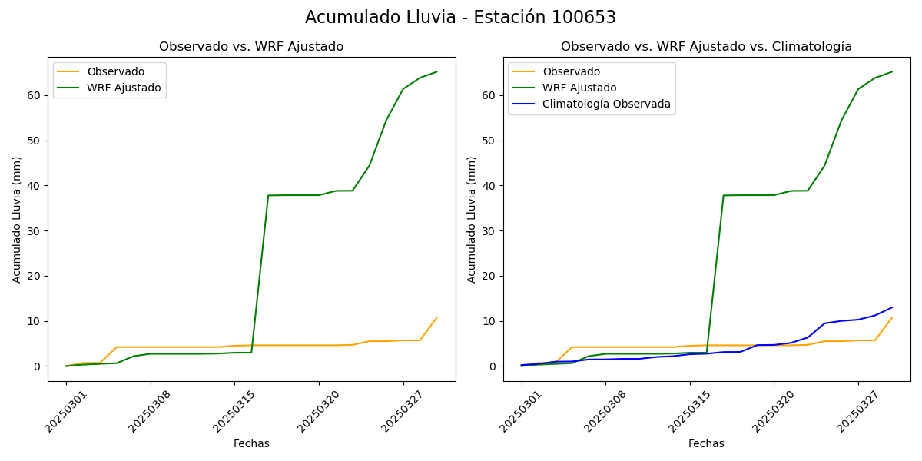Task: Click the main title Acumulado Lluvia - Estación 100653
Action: tap(460, 17)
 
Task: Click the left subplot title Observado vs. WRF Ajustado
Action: tap(251, 47)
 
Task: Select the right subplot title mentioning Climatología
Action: tap(706, 47)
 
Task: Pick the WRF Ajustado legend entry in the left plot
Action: tap(124, 88)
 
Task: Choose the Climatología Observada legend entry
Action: tap(606, 104)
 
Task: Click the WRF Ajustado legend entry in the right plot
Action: tap(579, 88)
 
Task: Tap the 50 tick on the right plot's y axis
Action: tap(489, 141)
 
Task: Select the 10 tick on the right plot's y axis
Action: tap(489, 321)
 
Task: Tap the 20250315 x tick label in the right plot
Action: tap(688, 411)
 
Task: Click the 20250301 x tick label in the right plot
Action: tap(520, 411)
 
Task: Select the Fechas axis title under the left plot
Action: tap(251, 443)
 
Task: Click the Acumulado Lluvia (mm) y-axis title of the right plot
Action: tap(472, 219)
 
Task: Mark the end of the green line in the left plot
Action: tap(436, 72)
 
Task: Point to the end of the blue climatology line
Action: tap(892, 307)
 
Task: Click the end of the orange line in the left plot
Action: tap(436, 317)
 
